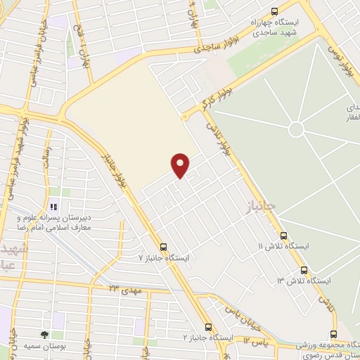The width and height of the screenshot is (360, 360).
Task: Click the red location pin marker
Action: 181,165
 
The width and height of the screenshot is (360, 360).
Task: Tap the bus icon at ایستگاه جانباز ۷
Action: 164,247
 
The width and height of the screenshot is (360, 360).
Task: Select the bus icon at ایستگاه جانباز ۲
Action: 208,327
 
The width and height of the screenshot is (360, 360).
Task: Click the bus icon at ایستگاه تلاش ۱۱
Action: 283,236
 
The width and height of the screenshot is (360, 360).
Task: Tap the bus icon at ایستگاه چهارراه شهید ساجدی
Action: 274,11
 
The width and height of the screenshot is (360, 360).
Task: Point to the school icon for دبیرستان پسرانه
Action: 52,207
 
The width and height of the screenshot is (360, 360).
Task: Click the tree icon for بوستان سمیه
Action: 45,335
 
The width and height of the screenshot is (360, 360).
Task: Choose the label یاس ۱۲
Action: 258,342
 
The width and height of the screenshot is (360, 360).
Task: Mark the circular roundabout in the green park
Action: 296,129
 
